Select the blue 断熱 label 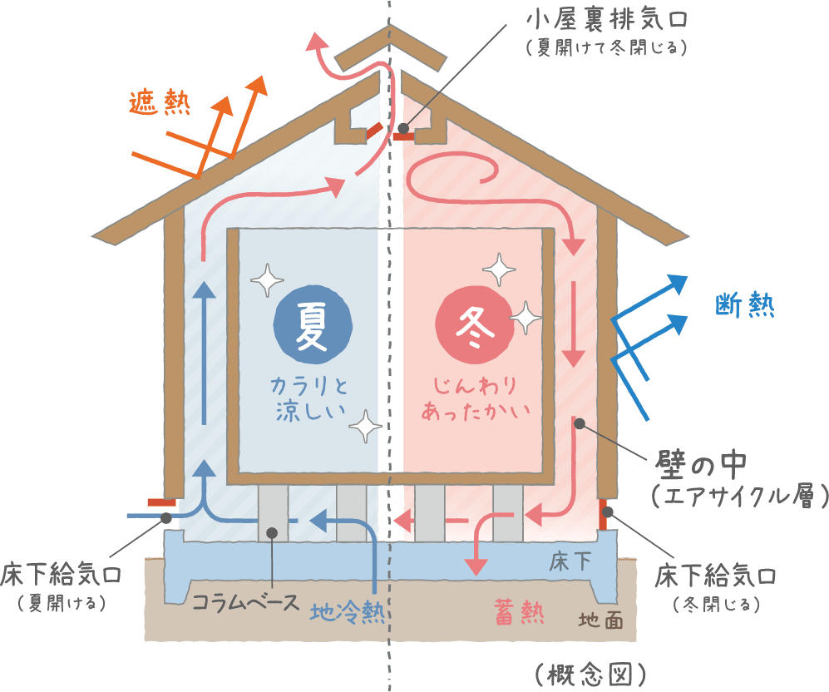pyautogui.click(x=745, y=307)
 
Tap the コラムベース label pyautogui.click(x=245, y=601)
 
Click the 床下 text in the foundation pyautogui.click(x=570, y=561)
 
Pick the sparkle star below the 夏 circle pyautogui.click(x=363, y=427)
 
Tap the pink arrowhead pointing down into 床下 pyautogui.click(x=475, y=566)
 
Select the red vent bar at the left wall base pyautogui.click(x=160, y=502)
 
